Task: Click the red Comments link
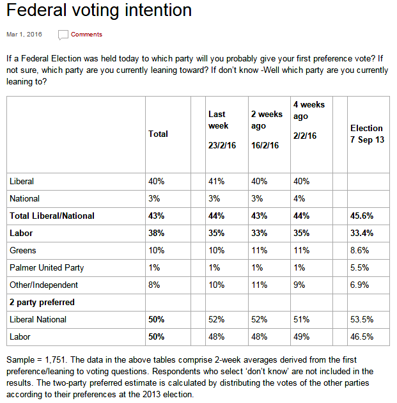point(86,35)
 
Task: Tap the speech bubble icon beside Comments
point(63,35)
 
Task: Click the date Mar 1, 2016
point(24,35)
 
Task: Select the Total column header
point(158,134)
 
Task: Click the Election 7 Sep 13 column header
point(367,134)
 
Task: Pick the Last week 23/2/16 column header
point(222,130)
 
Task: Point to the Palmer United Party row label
point(47,268)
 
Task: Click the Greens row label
point(23,250)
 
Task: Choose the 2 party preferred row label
point(42,302)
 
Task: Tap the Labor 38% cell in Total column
point(157,233)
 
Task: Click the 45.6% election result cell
point(362,216)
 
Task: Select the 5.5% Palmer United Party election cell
point(359,268)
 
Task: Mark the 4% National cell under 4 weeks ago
point(299,199)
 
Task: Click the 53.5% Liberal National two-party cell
point(362,319)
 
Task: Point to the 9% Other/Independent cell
point(299,285)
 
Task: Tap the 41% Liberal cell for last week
point(216,182)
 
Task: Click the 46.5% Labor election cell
point(362,336)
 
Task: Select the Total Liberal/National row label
point(52,216)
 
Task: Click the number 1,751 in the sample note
point(55,360)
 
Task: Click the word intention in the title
point(158,10)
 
